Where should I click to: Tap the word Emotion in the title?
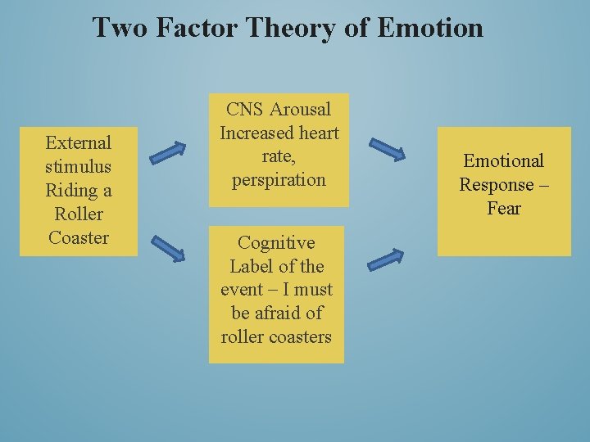430,28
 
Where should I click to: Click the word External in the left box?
79,143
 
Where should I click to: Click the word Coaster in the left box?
79,238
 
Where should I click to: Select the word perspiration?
279,180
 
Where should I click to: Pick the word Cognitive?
276,243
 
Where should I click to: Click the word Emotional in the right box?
503,161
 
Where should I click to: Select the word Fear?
503,209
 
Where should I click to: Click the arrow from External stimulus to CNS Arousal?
168,150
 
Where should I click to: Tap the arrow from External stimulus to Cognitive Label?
168,248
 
